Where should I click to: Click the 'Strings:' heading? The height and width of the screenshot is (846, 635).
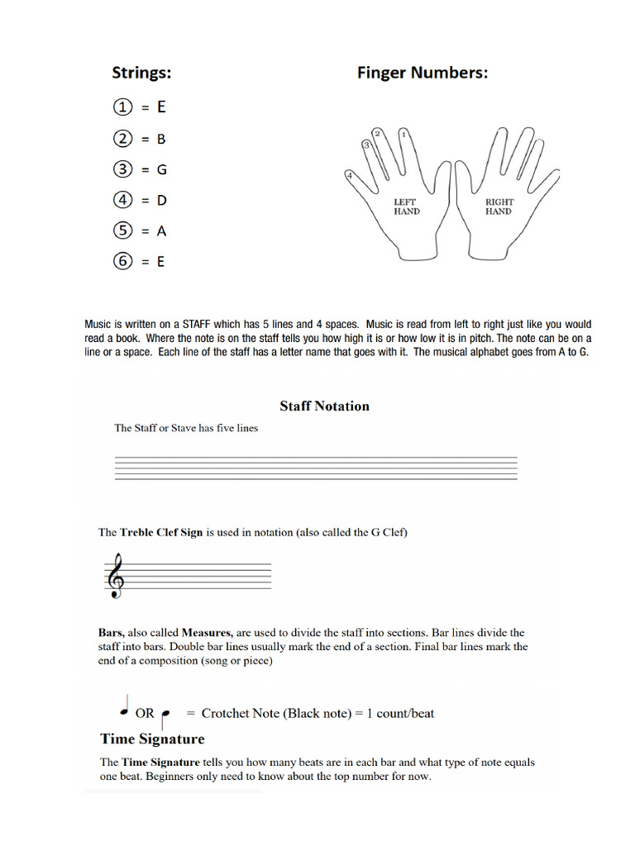point(141,73)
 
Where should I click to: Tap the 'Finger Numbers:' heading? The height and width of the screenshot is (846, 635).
point(422,73)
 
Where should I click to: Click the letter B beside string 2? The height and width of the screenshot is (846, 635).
point(161,138)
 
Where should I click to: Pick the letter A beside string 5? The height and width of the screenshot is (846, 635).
point(161,231)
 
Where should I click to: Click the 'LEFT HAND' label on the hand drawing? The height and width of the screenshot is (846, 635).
point(407,207)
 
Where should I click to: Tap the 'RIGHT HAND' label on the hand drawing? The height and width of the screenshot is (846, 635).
point(499,207)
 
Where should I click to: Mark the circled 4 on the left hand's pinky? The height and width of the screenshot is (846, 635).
point(350,176)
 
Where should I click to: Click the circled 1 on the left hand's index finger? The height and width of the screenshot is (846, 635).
point(403,134)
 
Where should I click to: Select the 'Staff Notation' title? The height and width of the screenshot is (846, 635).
point(324,406)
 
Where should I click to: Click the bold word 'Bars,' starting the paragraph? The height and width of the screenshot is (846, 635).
point(112,633)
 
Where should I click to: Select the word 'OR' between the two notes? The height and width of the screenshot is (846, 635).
point(145,713)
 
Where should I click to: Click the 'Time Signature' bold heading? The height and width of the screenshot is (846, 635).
point(152,738)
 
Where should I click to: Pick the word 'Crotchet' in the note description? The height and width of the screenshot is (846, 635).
point(227,713)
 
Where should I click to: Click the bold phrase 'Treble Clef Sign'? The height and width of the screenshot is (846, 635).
point(161,532)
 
